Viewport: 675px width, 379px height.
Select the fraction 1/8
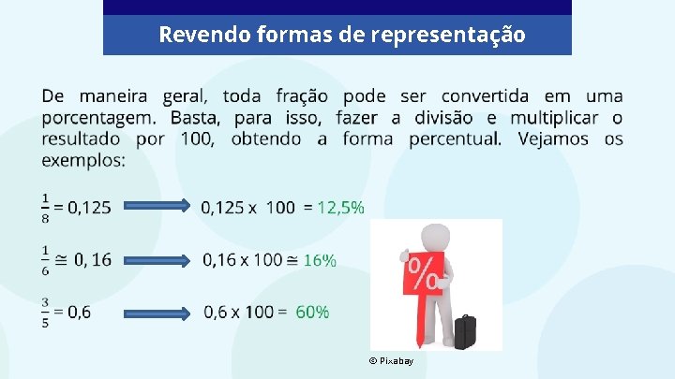click(x=46, y=208)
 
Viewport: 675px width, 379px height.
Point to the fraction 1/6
click(x=46, y=259)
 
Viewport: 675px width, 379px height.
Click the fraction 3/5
click(x=46, y=312)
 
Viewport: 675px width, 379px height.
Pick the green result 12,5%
click(x=341, y=207)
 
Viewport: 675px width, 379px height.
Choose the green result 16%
click(x=320, y=259)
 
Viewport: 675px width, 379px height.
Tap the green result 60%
click(x=312, y=312)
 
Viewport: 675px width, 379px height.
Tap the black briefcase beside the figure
click(x=464, y=331)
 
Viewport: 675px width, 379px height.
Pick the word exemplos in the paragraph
click(x=82, y=160)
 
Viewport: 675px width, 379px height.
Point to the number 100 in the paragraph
click(x=189, y=139)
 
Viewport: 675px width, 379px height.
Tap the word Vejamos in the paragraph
click(x=556, y=139)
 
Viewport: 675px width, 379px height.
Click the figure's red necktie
click(x=415, y=323)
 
